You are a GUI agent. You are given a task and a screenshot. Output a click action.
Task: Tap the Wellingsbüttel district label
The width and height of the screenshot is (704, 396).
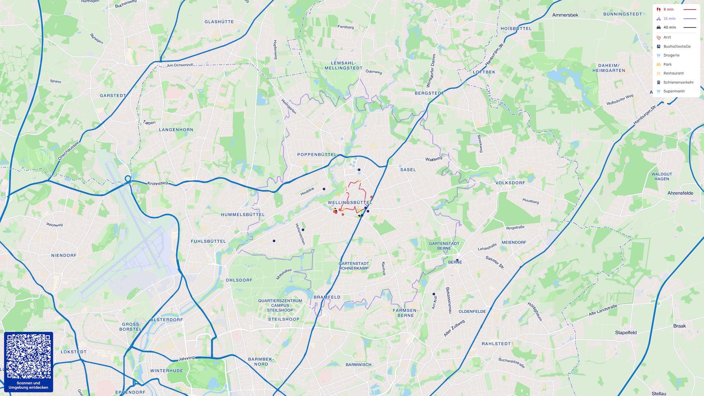[x=350, y=202]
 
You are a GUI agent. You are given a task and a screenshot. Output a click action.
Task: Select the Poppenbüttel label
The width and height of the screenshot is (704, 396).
[x=317, y=155]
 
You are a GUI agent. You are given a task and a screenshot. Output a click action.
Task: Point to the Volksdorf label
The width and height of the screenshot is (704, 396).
[x=510, y=183]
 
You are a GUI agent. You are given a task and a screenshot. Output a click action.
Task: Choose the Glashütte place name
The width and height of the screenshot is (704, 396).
[x=219, y=22]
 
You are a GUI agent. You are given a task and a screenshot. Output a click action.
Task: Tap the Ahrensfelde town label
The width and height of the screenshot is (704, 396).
[x=680, y=193]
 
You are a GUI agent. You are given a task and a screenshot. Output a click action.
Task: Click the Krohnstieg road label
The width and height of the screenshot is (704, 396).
[x=157, y=183]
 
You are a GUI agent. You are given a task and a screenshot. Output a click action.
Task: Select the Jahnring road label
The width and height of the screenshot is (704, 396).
[x=186, y=358]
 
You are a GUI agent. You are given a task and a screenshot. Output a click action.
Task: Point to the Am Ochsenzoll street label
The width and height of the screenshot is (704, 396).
[x=180, y=65]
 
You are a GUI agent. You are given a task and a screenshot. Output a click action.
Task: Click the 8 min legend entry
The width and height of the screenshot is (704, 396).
[x=669, y=10]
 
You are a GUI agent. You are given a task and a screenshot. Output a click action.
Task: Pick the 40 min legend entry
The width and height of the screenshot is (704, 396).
[x=670, y=27]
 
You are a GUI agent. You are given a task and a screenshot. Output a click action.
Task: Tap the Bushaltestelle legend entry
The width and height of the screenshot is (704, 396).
[x=677, y=47]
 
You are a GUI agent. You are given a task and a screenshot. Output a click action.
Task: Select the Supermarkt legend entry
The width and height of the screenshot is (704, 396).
[x=674, y=91]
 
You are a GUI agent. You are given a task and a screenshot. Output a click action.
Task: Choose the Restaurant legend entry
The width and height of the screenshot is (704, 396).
[x=674, y=73]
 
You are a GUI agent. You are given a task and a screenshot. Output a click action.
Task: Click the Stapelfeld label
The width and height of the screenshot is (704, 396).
[x=626, y=333]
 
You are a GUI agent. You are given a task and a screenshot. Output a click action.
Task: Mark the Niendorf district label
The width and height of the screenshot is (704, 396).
[x=64, y=255]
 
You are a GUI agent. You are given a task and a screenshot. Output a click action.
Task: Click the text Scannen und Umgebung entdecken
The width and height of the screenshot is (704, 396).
[x=28, y=385]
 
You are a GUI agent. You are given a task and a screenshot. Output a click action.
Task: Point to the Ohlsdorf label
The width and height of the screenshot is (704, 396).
[x=239, y=280]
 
